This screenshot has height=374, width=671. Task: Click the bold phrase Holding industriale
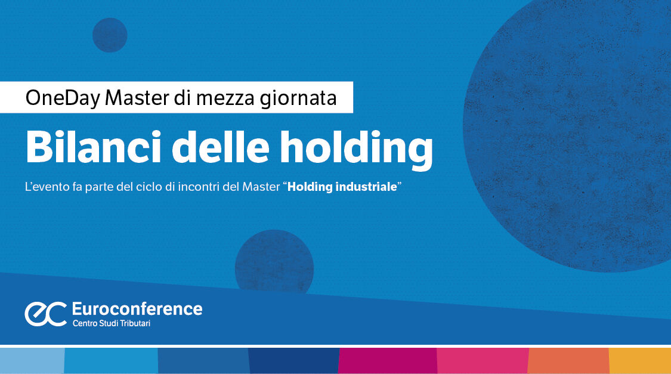342,187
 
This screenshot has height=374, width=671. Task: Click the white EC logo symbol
45,313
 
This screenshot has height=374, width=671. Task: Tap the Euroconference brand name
137,308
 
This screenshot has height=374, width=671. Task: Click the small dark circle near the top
110,35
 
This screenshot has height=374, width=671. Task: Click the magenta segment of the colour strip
388,361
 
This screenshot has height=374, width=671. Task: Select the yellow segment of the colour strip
640,361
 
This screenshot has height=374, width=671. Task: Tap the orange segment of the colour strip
568,361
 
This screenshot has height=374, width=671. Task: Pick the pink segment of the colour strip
483,361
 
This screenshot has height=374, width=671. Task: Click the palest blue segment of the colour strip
32,361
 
